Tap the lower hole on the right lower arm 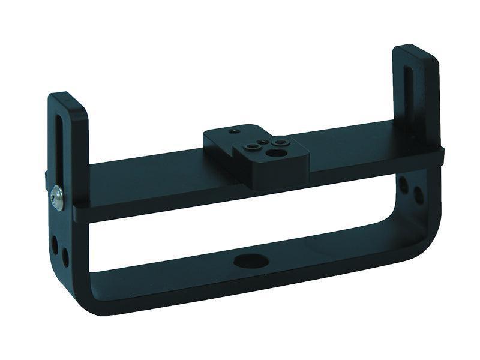point(415,193)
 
